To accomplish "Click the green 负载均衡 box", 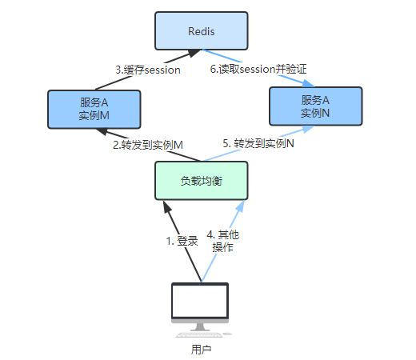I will pos(202,181).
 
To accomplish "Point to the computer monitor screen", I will pos(200,303).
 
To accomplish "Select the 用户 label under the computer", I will pos(201,350).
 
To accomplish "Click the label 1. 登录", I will pos(182,241).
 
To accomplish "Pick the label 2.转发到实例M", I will pos(148,145).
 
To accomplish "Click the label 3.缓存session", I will pos(148,70).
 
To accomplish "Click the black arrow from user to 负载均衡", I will pos(180,240).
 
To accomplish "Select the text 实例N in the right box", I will pos(315,113).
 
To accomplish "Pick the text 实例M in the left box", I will pos(94,116).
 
